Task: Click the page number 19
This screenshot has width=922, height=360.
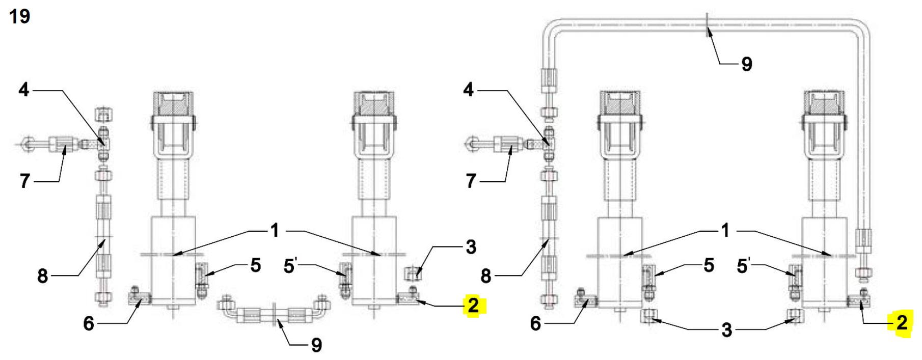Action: tap(20, 16)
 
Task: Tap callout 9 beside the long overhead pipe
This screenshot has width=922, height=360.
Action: tap(747, 64)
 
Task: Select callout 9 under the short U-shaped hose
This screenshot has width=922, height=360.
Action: tap(316, 345)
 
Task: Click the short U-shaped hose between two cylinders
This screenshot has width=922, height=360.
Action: tap(274, 311)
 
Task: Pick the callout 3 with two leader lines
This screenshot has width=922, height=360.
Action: tap(727, 330)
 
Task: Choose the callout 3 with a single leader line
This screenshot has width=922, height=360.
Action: tap(471, 247)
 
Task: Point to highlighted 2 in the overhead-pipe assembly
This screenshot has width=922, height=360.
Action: tap(902, 322)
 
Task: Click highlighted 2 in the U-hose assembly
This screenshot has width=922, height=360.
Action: tap(473, 306)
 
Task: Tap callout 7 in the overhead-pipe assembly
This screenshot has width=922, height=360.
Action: tap(471, 181)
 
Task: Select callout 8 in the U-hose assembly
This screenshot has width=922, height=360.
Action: tap(42, 276)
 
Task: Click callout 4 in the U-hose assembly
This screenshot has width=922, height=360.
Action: tap(24, 90)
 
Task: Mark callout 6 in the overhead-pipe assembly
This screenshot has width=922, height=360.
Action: tap(535, 323)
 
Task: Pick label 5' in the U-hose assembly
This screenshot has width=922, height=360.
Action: tap(290, 265)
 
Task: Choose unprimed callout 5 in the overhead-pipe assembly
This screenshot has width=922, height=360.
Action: tap(709, 265)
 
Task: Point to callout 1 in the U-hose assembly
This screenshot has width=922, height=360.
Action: tap(275, 231)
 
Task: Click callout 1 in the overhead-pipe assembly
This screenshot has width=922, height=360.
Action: tap(725, 231)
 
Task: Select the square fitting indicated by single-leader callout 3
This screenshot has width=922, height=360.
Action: tap(413, 273)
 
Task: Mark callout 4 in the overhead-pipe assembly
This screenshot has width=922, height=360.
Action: tap(469, 90)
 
